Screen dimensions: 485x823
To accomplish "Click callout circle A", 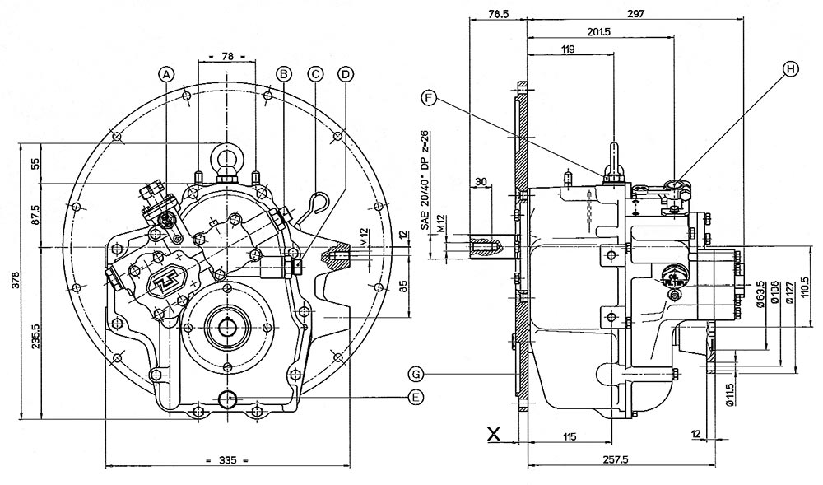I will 167,73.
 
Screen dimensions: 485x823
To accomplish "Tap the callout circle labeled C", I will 314,73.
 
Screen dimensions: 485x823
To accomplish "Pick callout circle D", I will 346,73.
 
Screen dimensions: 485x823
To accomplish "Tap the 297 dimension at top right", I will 635,13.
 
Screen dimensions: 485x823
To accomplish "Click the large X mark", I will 494,432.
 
